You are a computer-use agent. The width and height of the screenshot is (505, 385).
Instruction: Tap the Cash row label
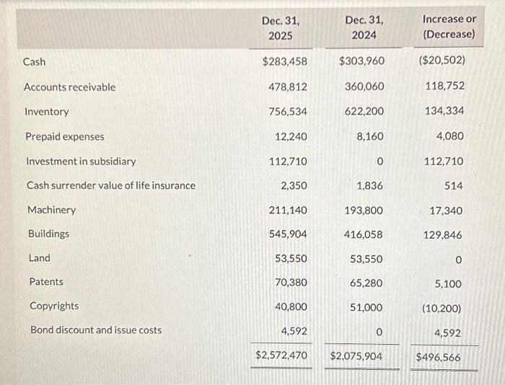coord(35,62)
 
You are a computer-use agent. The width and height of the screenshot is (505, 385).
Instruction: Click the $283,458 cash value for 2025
coord(284,61)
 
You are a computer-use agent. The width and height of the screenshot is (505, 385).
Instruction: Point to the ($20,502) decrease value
coord(442,61)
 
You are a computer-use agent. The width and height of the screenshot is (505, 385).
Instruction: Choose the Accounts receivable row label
coord(69,87)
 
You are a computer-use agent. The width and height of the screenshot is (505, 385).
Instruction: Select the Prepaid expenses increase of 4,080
coord(450,136)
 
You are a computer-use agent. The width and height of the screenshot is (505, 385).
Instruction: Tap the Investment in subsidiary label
coord(81,161)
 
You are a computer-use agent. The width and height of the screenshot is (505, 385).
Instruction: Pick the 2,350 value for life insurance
coord(294,186)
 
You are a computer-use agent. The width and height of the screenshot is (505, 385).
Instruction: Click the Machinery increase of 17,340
coord(445,211)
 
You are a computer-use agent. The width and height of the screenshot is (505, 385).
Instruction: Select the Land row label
coord(40,258)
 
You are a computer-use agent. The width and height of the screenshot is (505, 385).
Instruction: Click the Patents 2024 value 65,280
coord(365,283)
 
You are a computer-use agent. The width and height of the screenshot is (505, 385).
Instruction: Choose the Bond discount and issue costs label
coord(95,330)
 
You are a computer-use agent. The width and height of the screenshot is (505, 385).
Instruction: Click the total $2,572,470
coord(282,356)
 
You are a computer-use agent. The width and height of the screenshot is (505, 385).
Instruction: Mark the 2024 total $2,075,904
coord(357,357)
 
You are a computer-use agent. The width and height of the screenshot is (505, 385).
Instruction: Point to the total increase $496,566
coord(439,357)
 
